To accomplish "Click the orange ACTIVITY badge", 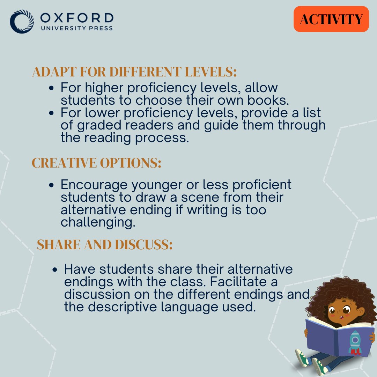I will click(331, 19).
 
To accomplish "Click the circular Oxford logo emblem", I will click(22, 21).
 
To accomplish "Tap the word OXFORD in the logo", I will click(77, 18).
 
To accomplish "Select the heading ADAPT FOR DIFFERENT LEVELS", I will click(134, 72).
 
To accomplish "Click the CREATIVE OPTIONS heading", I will click(96, 163).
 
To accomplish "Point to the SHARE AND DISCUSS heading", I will click(105, 245).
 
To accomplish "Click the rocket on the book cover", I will click(355, 342).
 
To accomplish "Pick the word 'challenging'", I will click(98, 223).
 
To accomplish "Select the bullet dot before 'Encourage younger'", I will click(51, 185).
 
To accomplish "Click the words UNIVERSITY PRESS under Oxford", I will click(77, 28).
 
